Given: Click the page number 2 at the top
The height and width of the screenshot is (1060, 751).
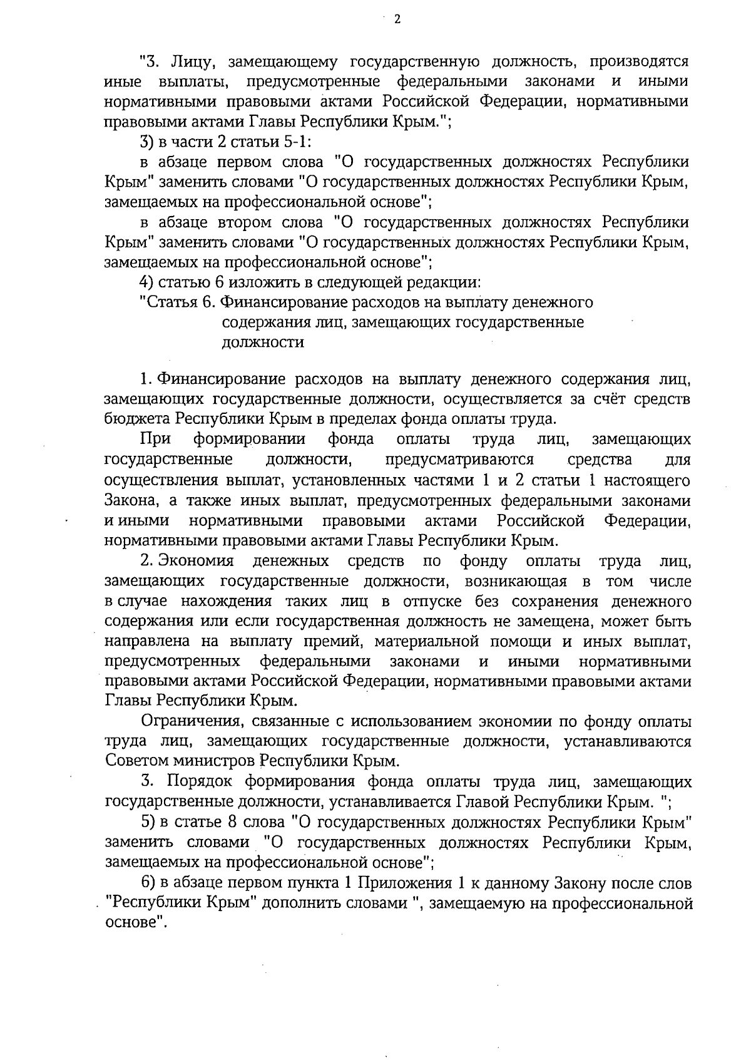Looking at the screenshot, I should pos(396,19).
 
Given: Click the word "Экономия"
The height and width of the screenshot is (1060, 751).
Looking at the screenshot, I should pos(195,560).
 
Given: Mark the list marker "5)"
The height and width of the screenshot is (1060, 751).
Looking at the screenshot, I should pos(148,821).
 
